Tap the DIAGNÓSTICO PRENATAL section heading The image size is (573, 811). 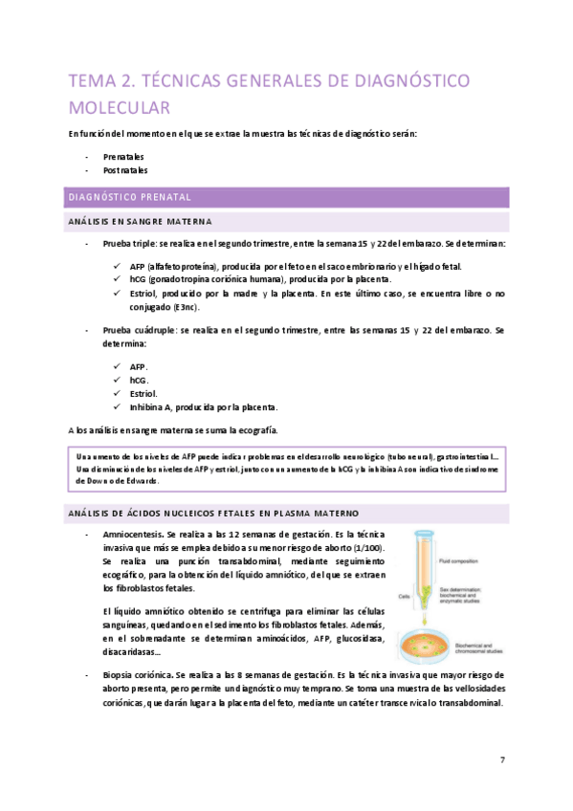pos(129,197)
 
